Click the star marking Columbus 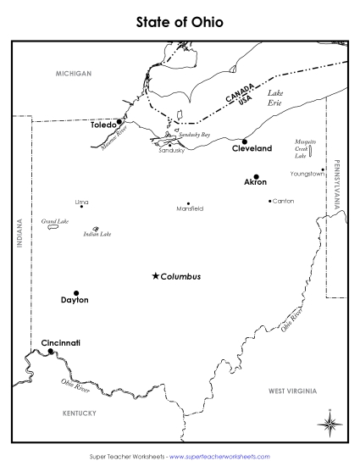click(x=155, y=275)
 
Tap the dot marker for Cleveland click(x=244, y=141)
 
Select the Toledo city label click(x=102, y=124)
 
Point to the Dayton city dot click(x=76, y=292)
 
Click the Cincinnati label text click(x=60, y=342)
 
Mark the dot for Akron click(x=256, y=176)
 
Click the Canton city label click(x=284, y=201)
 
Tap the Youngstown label click(x=307, y=173)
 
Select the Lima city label click(x=81, y=202)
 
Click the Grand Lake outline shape click(x=53, y=227)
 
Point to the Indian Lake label click(x=97, y=234)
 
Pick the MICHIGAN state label click(x=73, y=74)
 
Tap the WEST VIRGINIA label click(x=292, y=391)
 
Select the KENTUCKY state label click(x=80, y=413)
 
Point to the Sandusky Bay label click(x=194, y=135)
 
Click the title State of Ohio click(x=180, y=21)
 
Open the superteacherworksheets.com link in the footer click(x=219, y=456)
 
